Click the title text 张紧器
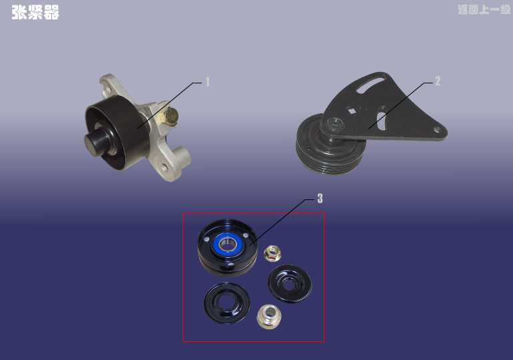pyautogui.click(x=35, y=13)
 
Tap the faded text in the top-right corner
pyautogui.click(x=484, y=9)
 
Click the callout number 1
pyautogui.click(x=207, y=82)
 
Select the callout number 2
pyautogui.click(x=438, y=81)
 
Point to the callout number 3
pyautogui.click(x=320, y=198)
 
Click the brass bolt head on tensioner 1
pyautogui.click(x=171, y=116)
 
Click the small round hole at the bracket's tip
pyautogui.click(x=437, y=131)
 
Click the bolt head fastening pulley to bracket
pyautogui.click(x=334, y=124)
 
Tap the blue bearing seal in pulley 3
pyautogui.click(x=227, y=243)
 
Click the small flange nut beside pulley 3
pyautogui.click(x=272, y=253)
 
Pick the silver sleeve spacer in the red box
pyautogui.click(x=269, y=316)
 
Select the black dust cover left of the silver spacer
pyautogui.click(x=227, y=303)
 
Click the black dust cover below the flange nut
pyautogui.click(x=290, y=283)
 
